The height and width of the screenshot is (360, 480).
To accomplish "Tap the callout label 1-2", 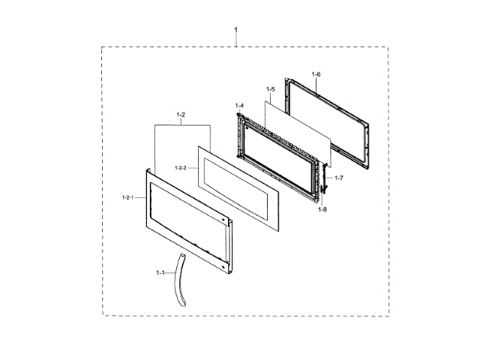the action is tap(181, 115).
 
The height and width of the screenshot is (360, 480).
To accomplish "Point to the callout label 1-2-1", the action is tap(127, 196).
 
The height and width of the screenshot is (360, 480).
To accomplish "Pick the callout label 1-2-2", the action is tap(180, 167).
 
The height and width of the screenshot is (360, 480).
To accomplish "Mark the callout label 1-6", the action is tap(316, 74).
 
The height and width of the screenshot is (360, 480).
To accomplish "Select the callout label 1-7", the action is tap(339, 178).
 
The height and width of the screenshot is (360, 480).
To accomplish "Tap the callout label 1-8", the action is tap(322, 209).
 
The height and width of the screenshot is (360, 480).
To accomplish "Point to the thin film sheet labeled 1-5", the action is tap(300, 127).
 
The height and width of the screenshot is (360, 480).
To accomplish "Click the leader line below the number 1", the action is tap(236, 39).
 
